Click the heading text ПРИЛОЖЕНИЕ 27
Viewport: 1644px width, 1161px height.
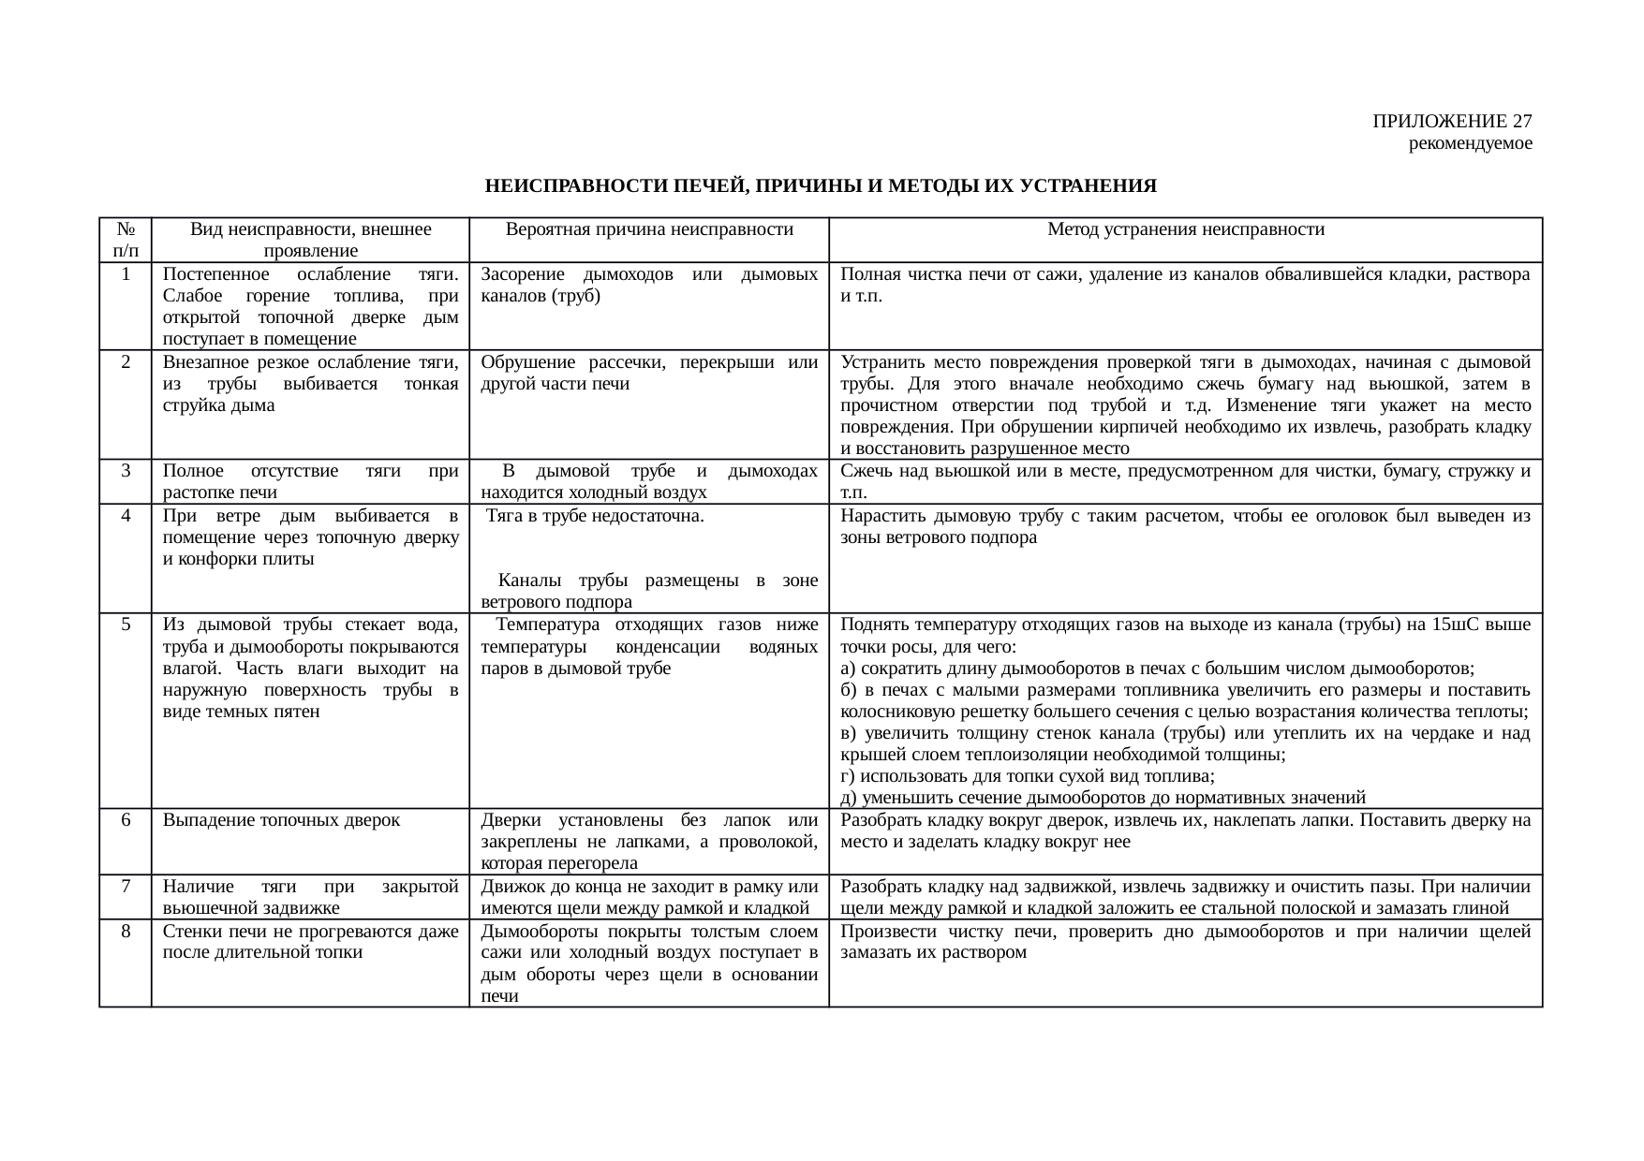1452,122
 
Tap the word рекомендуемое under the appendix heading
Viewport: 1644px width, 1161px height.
1470,143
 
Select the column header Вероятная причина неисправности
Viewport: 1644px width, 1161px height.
649,229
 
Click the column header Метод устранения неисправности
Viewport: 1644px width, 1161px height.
1185,229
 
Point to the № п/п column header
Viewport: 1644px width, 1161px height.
126,240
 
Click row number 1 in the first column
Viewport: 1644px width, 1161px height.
126,274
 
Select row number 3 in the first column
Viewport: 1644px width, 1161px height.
126,470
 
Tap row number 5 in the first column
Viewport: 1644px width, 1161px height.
126,625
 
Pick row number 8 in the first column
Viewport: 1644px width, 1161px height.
126,932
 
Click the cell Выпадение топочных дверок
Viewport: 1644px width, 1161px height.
281,820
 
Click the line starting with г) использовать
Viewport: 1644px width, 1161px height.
1028,776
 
